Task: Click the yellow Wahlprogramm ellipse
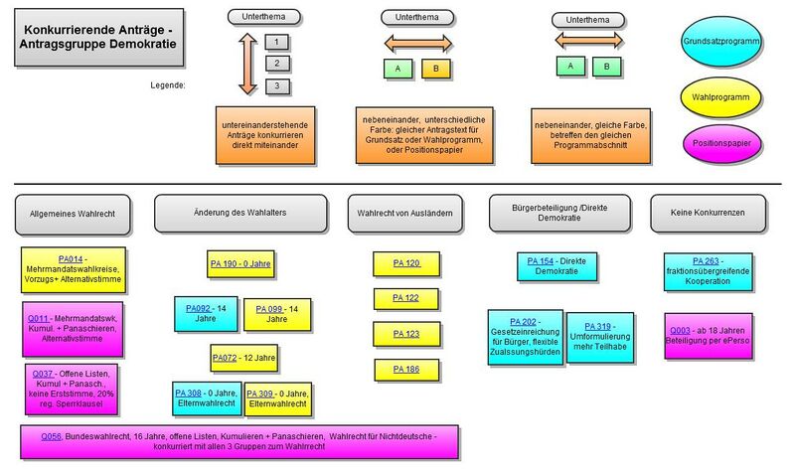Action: [x=721, y=96]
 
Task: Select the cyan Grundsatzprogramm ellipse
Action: [x=721, y=43]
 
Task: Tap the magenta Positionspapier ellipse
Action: [x=721, y=144]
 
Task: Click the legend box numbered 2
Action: [x=277, y=64]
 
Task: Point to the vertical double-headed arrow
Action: [x=247, y=63]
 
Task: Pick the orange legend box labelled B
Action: [x=435, y=69]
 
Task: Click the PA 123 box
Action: [x=407, y=333]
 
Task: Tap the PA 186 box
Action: [x=407, y=369]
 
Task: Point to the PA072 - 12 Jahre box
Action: [x=243, y=356]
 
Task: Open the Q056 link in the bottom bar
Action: [x=51, y=436]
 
